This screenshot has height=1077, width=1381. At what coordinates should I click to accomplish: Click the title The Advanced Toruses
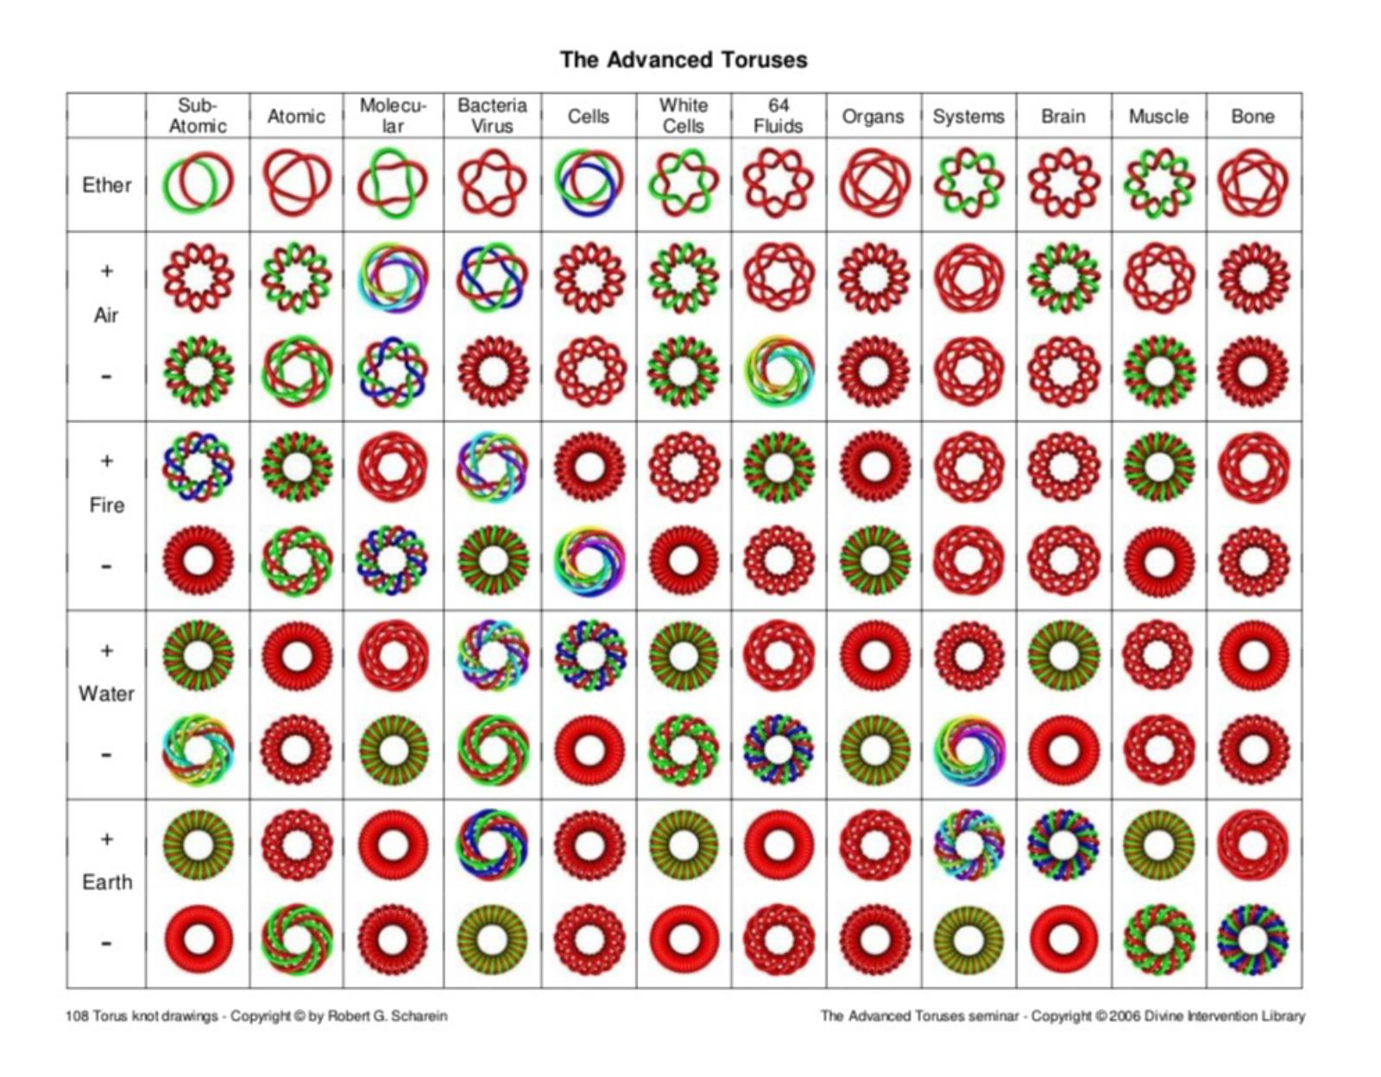(x=684, y=60)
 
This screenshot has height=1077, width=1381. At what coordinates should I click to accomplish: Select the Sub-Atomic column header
(x=198, y=116)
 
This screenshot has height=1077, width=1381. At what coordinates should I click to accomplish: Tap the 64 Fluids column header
(x=779, y=116)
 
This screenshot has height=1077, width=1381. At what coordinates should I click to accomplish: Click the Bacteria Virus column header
(x=492, y=116)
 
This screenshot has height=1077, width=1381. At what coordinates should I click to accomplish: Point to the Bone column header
(x=1252, y=117)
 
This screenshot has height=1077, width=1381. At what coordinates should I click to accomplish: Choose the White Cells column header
(x=684, y=116)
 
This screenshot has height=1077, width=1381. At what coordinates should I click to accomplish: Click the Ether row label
(x=107, y=185)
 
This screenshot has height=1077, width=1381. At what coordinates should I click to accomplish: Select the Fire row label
(x=107, y=505)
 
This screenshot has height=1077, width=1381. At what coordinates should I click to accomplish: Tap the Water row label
(x=107, y=693)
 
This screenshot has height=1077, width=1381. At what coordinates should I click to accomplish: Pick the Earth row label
(x=107, y=882)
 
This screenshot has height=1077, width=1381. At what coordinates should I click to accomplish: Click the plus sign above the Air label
(x=107, y=271)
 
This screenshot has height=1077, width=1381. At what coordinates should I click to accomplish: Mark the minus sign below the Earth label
(x=107, y=943)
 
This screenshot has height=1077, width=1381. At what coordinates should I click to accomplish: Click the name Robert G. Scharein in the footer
(x=387, y=1016)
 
